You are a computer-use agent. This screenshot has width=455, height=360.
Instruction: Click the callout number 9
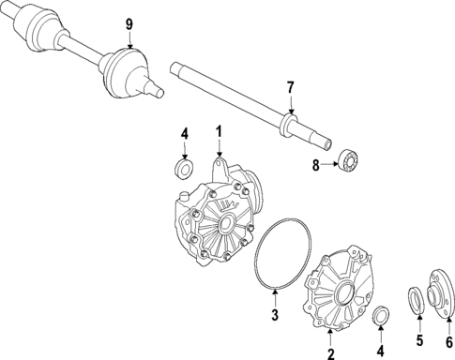(x=129, y=23)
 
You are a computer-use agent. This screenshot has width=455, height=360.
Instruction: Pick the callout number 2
(x=329, y=354)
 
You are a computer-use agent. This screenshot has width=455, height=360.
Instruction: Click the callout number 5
(x=419, y=341)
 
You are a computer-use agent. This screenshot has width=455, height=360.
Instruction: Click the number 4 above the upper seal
(x=185, y=134)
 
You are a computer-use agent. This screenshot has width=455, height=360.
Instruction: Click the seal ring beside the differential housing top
(x=185, y=170)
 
